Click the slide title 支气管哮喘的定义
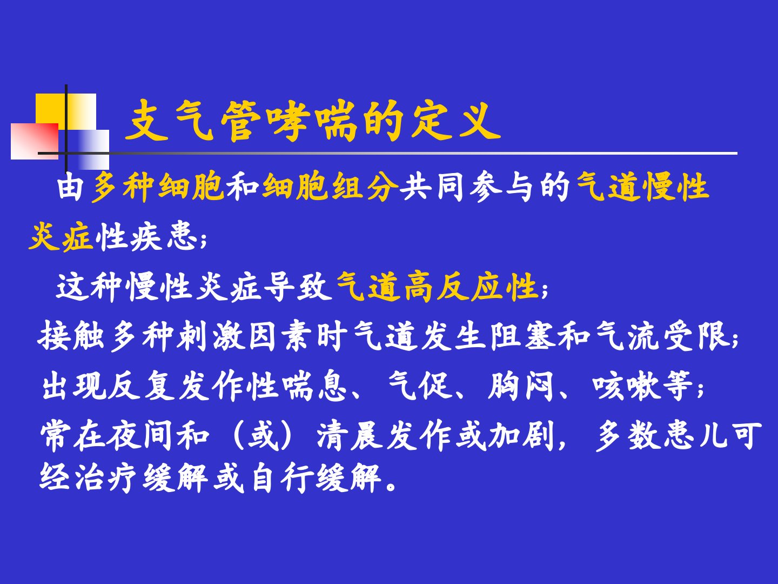313,121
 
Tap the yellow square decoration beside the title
65,111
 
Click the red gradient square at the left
35,141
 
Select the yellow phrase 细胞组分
330,187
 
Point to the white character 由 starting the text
71,187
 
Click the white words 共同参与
468,187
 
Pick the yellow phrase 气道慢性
642,187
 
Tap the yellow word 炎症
61,236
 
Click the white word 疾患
164,236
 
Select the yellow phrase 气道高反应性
437,287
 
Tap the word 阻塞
522,336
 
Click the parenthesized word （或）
263,436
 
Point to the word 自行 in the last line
283,478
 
